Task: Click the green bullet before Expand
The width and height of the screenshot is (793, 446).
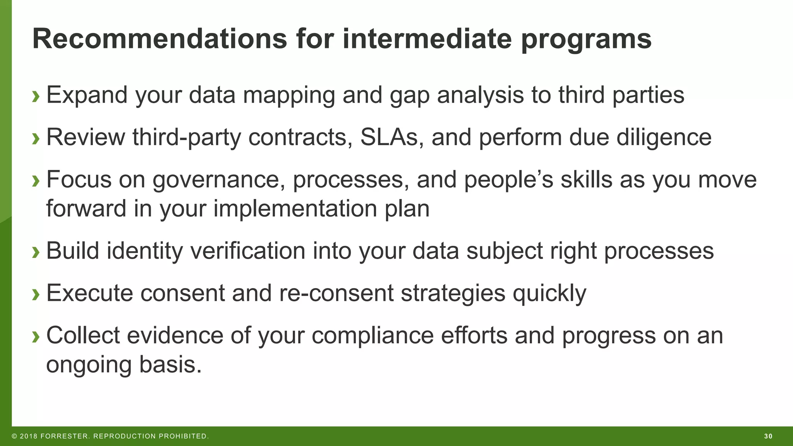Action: (36, 96)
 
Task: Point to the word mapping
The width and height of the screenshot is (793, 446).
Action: (289, 95)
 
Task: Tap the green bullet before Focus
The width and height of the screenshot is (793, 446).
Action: (36, 180)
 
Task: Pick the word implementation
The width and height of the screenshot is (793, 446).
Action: (295, 209)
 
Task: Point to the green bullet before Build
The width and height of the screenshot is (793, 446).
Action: (36, 252)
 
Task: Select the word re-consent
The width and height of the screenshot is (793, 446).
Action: (336, 293)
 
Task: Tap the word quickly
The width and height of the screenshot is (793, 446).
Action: (549, 293)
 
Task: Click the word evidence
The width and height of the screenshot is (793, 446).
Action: (175, 335)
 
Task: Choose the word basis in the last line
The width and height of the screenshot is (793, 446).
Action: (170, 364)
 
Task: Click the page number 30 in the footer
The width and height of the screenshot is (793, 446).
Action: (768, 436)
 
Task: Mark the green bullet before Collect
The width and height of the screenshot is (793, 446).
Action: (36, 336)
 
